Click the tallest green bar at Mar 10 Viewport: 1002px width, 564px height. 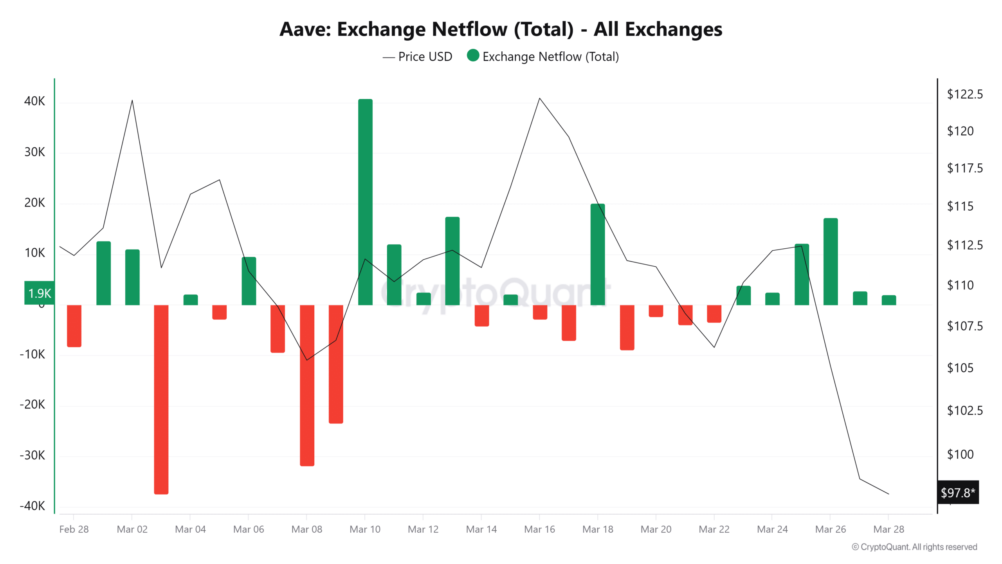pyautogui.click(x=365, y=202)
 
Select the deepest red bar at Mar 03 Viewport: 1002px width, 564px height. pyautogui.click(x=161, y=399)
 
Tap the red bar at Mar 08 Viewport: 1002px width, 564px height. pyautogui.click(x=307, y=385)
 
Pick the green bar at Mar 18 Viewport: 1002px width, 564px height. pyautogui.click(x=598, y=255)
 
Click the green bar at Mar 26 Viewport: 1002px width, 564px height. pyautogui.click(x=831, y=262)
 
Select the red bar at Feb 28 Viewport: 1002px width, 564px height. pyautogui.click(x=74, y=326)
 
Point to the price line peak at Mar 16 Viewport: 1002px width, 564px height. pyautogui.click(x=540, y=98)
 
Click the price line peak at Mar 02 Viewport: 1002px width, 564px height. pyautogui.click(x=132, y=101)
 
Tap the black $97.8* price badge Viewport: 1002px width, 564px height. pyautogui.click(x=958, y=492)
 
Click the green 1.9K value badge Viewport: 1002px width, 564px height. pyautogui.click(x=39, y=293)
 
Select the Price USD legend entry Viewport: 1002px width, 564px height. pyautogui.click(x=418, y=57)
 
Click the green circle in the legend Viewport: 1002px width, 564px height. pyautogui.click(x=473, y=56)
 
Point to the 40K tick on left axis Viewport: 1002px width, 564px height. pyautogui.click(x=34, y=101)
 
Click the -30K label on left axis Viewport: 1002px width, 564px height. pyautogui.click(x=32, y=455)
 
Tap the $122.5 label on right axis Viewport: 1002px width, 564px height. pyautogui.click(x=964, y=94)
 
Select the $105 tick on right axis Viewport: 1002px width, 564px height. pyautogui.click(x=960, y=368)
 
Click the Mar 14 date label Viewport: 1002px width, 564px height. pyautogui.click(x=481, y=529)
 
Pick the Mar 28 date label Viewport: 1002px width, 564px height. pyautogui.click(x=888, y=529)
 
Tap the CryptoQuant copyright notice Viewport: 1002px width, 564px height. pyautogui.click(x=914, y=547)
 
